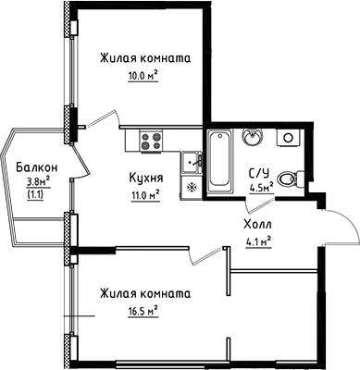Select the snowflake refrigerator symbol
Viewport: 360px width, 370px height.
pos(192,185)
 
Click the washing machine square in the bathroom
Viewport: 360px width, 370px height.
pos(289,138)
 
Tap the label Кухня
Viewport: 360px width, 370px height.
pos(144,179)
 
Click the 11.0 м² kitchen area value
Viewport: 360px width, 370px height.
pos(144,194)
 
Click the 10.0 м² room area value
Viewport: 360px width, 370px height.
pos(143,78)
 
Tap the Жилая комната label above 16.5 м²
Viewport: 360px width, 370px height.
pos(144,292)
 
